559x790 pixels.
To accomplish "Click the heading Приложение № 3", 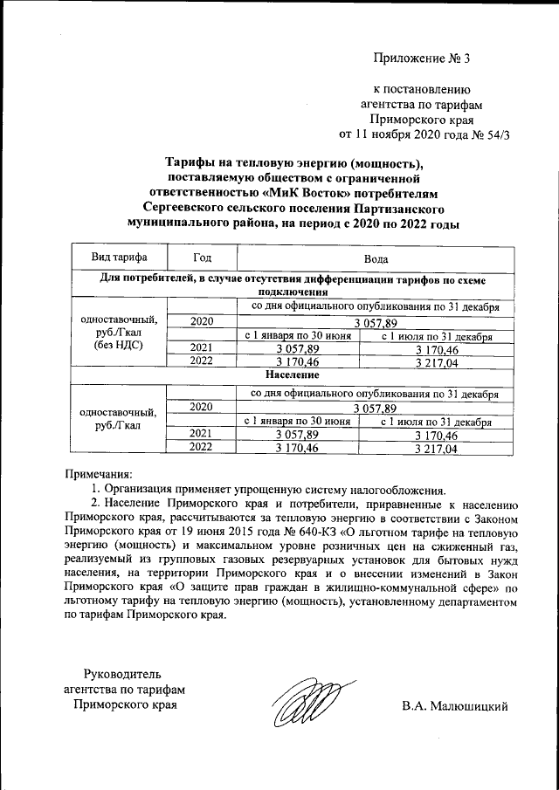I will tap(421, 59).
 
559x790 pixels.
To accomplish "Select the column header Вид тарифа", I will tap(119, 258).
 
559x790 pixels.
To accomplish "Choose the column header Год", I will tap(203, 258).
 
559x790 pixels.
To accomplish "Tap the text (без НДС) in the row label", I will tap(119, 345).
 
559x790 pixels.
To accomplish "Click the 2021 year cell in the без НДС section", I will tap(202, 347).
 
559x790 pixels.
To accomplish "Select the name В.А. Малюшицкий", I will tap(455, 705).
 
